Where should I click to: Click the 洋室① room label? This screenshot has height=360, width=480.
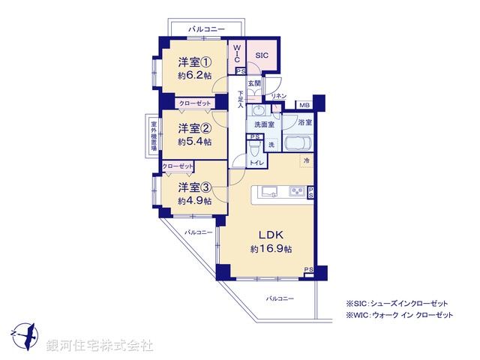(194, 62)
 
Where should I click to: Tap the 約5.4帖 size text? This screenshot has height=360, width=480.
(194, 141)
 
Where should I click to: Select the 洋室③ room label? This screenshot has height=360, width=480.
(194, 187)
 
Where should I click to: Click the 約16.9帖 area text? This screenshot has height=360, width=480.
(270, 248)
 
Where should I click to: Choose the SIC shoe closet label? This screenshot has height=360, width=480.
(262, 55)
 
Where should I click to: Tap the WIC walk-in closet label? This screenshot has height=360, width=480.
(236, 54)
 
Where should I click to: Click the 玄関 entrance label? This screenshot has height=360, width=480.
(254, 84)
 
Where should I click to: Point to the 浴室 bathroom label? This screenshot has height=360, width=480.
(304, 121)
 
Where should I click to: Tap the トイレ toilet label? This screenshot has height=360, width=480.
(255, 161)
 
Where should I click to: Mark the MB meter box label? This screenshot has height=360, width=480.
(304, 105)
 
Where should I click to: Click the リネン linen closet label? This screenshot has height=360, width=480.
(278, 95)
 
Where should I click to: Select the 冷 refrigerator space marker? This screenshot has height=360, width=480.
(306, 160)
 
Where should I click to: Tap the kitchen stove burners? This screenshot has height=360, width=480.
(297, 192)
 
